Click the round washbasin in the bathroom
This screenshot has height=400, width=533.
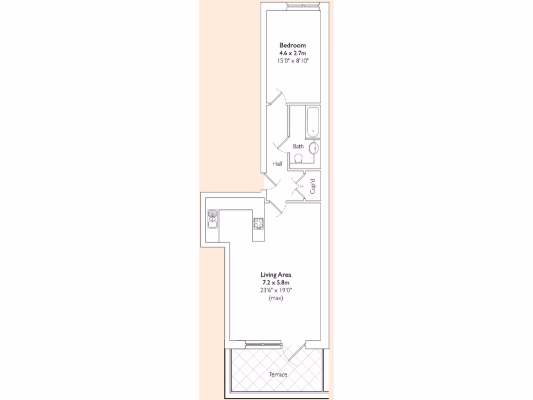pos(314,148)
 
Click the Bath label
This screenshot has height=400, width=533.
pos(298,146)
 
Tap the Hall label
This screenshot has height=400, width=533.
pos(276,164)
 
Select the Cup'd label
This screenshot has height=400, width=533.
pos(313,186)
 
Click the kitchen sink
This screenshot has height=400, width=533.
pos(212,219)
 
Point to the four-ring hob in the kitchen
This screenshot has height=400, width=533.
pos(259,224)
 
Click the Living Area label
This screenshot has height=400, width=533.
pos(276,274)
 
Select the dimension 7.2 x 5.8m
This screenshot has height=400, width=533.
pos(276,282)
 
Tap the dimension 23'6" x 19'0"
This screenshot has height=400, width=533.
pos(276,290)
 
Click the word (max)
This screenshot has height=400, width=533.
pos(276,298)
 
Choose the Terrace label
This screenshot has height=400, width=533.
pos(278,374)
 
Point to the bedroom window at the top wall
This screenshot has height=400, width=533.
pos(302,6)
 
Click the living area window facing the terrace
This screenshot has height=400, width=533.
pos(263,344)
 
